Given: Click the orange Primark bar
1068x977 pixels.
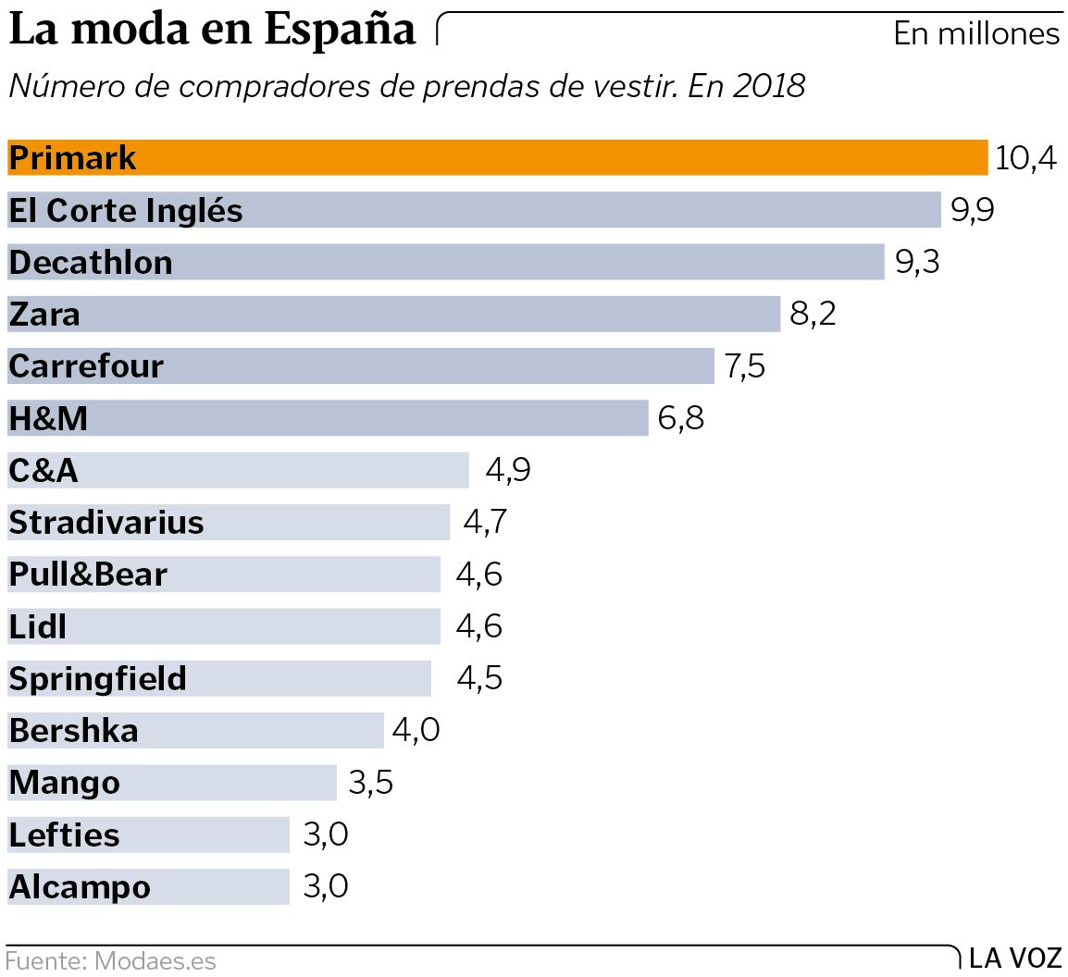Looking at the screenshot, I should coord(555,157).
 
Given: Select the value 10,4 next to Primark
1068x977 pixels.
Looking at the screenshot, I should coord(1025,158).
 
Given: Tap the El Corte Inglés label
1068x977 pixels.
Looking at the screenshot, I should coord(126,211).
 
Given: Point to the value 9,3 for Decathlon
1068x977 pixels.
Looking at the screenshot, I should coord(917,263).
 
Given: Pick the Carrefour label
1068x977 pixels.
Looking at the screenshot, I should coord(86,366).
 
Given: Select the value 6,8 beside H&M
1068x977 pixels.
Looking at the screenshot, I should coord(681,418).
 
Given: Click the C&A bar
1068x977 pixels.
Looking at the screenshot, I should coord(278,471).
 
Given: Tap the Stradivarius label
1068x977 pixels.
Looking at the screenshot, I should coord(106,523).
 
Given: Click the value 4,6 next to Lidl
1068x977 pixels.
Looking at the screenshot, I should coord(478,626).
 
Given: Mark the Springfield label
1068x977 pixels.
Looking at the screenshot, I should coord(98,679).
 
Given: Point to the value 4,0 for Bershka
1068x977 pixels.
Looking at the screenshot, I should coord(416,731).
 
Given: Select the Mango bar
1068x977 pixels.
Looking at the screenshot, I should coord(231,783).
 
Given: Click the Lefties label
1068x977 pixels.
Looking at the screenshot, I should coord(65,835).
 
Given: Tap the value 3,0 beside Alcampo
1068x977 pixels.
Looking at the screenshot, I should coord(326,886).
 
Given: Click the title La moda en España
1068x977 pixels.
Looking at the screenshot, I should coord(213,30).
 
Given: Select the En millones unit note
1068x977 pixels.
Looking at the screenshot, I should coord(976,34).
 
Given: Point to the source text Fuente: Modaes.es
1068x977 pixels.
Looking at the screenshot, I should coord(110,961).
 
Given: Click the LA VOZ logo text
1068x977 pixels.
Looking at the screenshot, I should coord(1015,958).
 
